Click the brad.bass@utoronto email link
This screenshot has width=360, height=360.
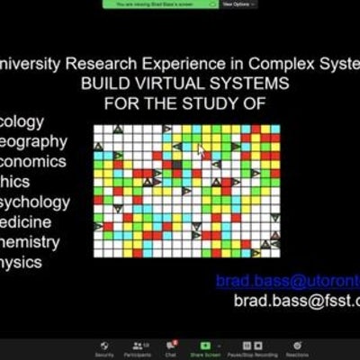287,282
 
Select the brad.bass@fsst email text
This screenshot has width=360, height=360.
296,301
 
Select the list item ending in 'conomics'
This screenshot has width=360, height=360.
34,161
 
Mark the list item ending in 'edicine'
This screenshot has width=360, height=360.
31,221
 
